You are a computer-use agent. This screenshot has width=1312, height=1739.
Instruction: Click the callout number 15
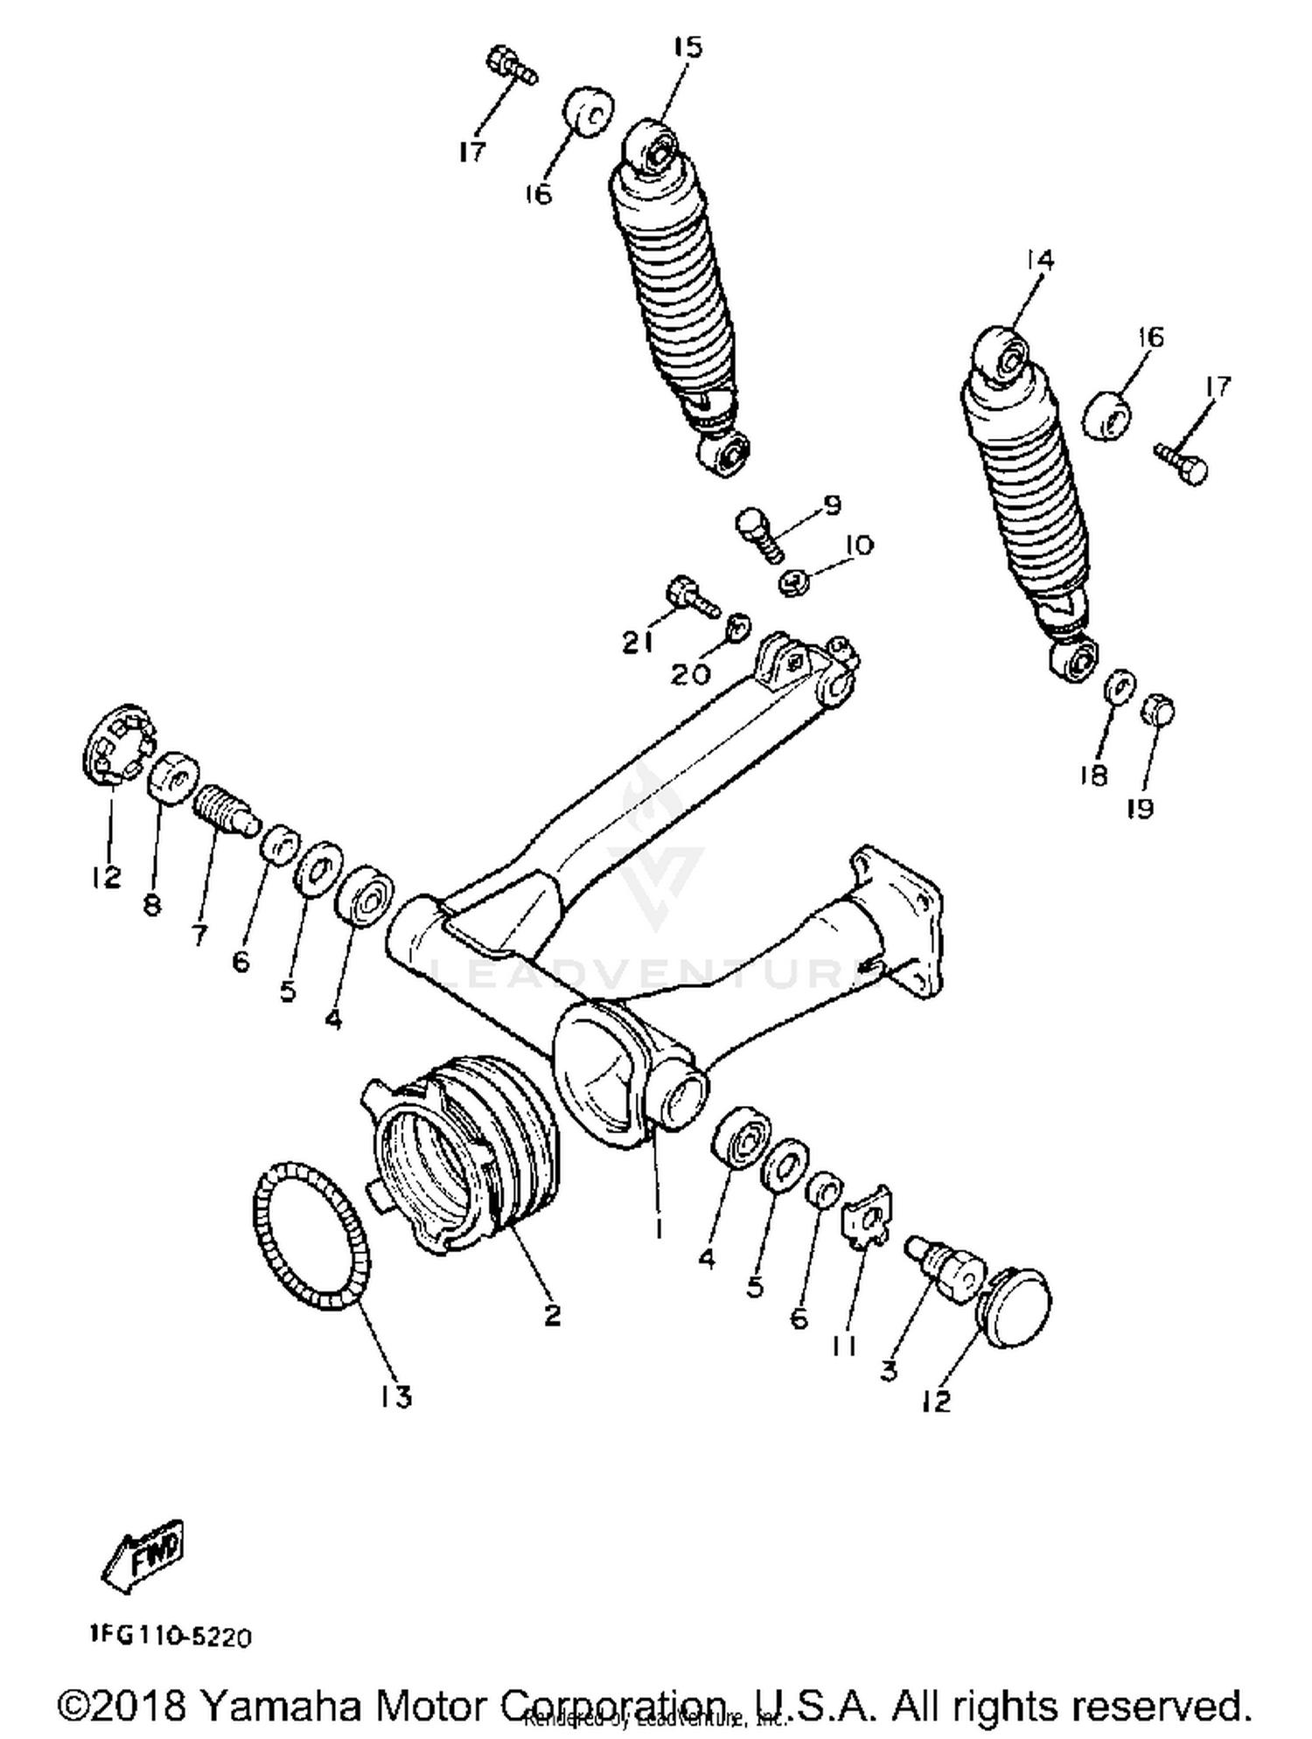(x=688, y=48)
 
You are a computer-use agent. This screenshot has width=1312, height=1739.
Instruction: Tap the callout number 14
(x=1040, y=260)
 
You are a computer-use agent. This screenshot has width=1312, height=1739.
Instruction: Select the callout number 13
(x=395, y=1397)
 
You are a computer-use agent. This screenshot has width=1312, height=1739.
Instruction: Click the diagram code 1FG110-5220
(x=170, y=1637)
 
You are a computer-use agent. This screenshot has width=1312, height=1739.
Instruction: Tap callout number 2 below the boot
(x=552, y=1315)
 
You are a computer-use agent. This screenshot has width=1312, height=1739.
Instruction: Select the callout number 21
(x=638, y=643)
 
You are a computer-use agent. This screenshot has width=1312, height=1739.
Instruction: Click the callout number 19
(x=1140, y=810)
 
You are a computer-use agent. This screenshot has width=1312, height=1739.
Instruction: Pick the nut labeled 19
(x=1157, y=712)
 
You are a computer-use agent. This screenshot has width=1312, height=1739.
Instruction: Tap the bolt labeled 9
(x=757, y=532)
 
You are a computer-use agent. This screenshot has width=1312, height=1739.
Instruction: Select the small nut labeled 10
(x=793, y=582)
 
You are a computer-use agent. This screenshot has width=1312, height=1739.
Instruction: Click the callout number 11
(x=843, y=1347)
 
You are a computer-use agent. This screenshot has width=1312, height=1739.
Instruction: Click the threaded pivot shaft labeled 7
(x=222, y=809)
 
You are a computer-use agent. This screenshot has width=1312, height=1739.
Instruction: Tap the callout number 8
(x=152, y=905)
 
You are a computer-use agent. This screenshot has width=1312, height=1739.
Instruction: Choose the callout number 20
(x=691, y=673)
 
